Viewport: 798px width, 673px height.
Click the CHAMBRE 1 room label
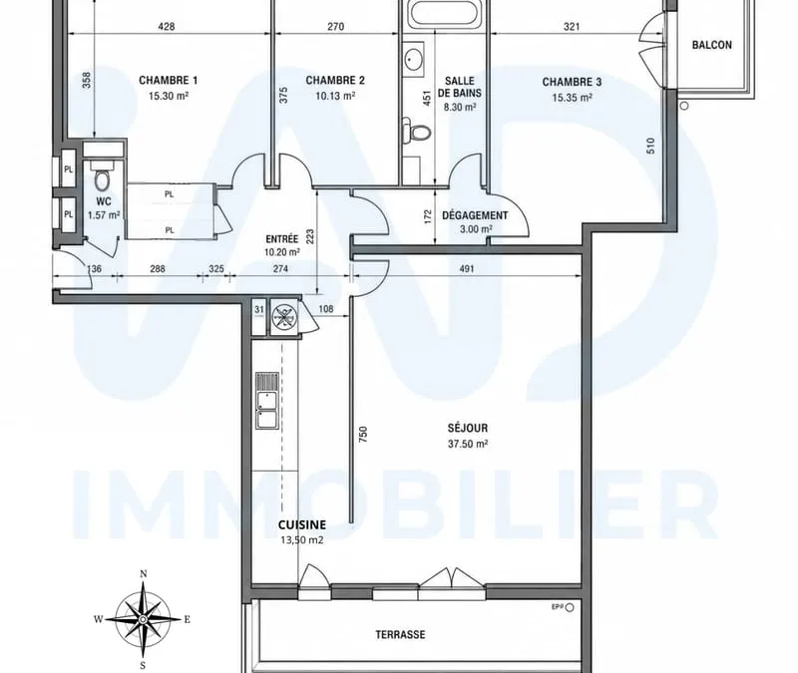[x=168, y=81]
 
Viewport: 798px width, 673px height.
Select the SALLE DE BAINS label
[x=460, y=87]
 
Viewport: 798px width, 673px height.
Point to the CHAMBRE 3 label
[x=572, y=82]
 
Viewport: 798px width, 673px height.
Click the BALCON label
[x=712, y=45]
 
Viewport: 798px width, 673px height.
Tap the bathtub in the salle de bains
[x=444, y=13]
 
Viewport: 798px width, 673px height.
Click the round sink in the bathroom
[x=413, y=60]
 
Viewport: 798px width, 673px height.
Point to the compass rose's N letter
[x=144, y=574]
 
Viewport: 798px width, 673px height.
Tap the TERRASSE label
[x=400, y=635]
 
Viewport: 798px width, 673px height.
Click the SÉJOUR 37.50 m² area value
[x=468, y=444]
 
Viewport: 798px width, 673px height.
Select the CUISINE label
[x=302, y=525]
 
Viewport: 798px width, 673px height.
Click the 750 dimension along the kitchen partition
[x=363, y=434]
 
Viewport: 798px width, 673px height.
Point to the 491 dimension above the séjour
[x=467, y=268]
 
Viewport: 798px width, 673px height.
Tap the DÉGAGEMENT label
[x=475, y=215]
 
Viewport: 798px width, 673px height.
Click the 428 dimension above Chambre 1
[x=167, y=27]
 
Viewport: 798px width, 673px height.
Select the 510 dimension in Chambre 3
[x=650, y=146]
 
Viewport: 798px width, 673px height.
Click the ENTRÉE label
[x=282, y=239]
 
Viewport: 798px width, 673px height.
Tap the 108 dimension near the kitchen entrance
[x=326, y=309]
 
